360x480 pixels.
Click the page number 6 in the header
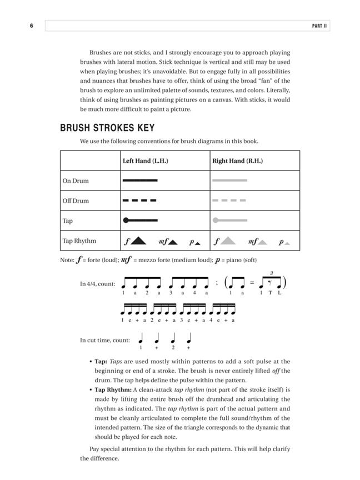(x=32, y=26)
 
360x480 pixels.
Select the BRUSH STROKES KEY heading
(x=107, y=128)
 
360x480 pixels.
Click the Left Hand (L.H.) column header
(x=145, y=161)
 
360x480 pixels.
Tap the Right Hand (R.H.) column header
(x=238, y=161)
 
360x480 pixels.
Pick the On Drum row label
(x=76, y=181)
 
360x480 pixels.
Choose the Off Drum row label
(x=76, y=201)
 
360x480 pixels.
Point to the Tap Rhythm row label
(x=79, y=241)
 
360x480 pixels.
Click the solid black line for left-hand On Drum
(x=140, y=181)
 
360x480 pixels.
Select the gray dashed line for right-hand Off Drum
(x=229, y=201)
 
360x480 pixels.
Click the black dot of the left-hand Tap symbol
(x=126, y=221)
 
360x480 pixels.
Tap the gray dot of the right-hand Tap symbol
(x=216, y=221)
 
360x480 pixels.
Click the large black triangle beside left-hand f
(x=139, y=241)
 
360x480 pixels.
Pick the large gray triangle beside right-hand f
(x=229, y=241)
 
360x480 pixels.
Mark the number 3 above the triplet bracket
(x=271, y=273)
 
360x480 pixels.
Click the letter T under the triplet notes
(x=271, y=293)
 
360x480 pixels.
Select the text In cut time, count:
(x=105, y=341)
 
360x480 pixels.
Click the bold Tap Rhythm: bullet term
(x=113, y=390)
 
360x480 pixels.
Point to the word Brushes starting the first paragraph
(x=101, y=52)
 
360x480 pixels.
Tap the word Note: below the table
(x=67, y=260)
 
